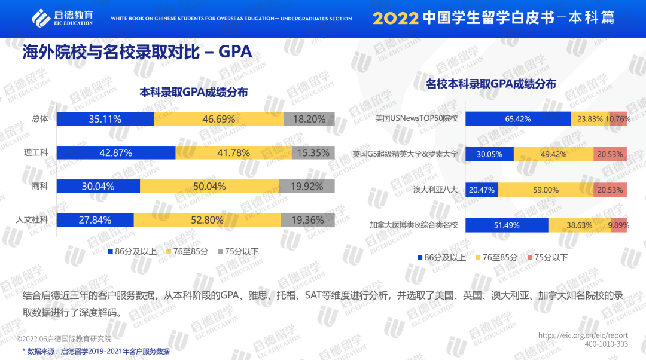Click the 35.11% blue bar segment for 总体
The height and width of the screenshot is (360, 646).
pyautogui.click(x=105, y=119)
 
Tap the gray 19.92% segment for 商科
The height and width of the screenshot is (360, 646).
pyautogui.click(x=306, y=186)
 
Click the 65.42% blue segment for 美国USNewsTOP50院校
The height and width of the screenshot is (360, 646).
pyautogui.click(x=518, y=119)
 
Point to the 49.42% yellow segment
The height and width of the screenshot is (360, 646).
pyautogui.click(x=553, y=154)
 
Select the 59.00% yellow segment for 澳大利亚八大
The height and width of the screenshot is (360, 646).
pyautogui.click(x=546, y=190)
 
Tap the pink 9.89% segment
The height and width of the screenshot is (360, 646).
pyautogui.click(x=618, y=225)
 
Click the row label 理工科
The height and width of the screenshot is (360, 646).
pyautogui.click(x=39, y=152)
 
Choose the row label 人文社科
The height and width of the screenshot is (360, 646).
pyautogui.click(x=32, y=220)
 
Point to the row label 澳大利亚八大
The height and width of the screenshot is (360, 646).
pyautogui.click(x=435, y=190)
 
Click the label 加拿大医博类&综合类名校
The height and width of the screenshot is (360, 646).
pyautogui.click(x=413, y=225)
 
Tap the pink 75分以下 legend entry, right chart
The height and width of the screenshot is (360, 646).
pyautogui.click(x=547, y=257)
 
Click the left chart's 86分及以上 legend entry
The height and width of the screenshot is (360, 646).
pyautogui.click(x=132, y=251)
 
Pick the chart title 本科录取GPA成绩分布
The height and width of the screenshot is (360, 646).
pyautogui.click(x=193, y=92)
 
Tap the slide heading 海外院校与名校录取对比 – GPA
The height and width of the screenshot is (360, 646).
pyautogui.click(x=137, y=52)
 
